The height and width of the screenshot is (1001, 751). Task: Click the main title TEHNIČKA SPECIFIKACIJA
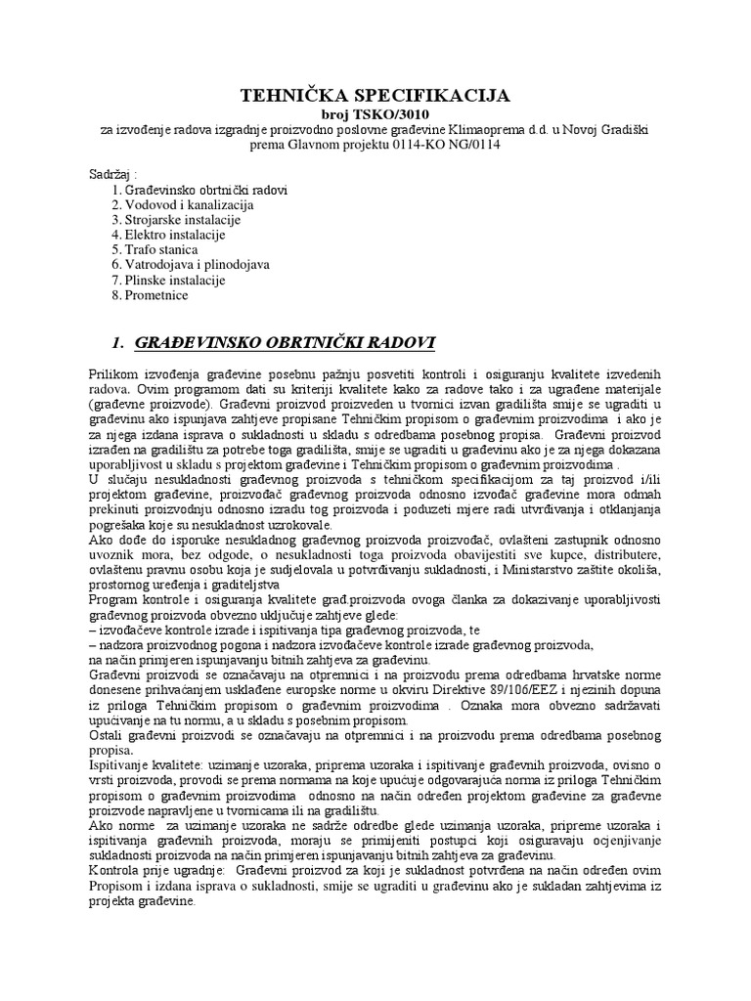[375, 95]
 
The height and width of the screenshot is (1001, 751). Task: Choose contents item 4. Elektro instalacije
[169, 235]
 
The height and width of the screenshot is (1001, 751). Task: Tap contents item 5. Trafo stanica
[155, 249]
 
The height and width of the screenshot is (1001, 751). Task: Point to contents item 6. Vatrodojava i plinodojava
[190, 264]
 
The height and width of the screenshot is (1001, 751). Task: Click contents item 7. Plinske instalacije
[169, 280]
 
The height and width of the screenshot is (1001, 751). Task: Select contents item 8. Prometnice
[150, 294]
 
